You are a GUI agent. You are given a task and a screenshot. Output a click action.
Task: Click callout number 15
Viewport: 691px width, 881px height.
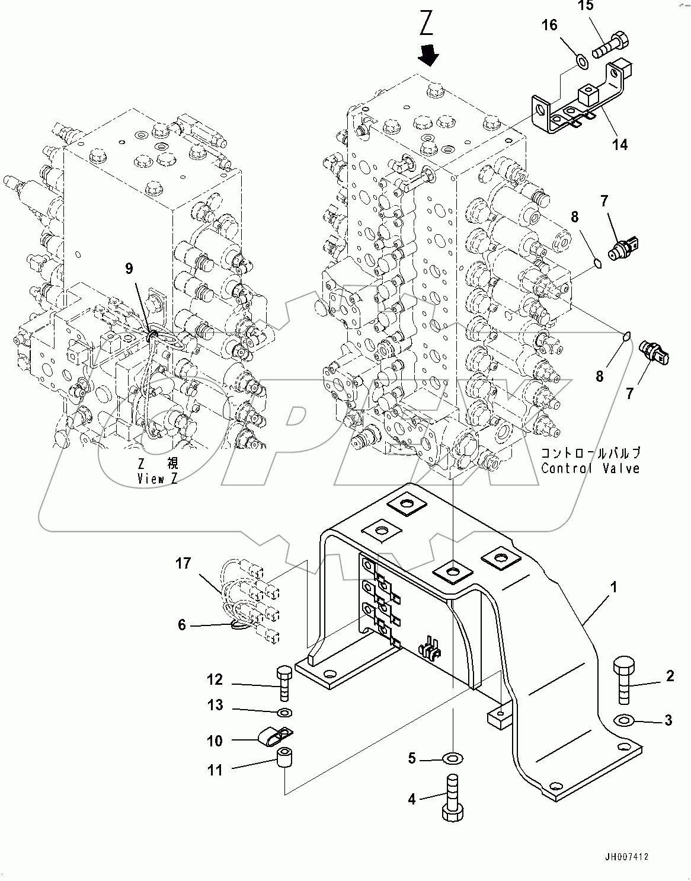[585, 7]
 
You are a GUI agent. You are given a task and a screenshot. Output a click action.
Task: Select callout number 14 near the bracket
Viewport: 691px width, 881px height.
[620, 144]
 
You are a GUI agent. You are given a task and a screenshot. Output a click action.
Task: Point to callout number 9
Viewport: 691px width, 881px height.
[129, 269]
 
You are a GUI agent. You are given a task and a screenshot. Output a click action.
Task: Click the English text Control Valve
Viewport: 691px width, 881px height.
[590, 468]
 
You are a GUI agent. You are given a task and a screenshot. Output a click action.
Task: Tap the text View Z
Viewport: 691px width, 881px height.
[158, 479]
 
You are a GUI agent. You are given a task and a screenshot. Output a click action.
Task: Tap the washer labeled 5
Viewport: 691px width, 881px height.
[454, 758]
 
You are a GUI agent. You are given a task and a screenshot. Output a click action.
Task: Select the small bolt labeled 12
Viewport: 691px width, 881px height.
[283, 684]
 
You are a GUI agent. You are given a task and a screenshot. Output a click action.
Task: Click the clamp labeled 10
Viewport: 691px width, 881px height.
[274, 738]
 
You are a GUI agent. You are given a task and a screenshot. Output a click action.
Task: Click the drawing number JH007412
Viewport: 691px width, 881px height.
[626, 857]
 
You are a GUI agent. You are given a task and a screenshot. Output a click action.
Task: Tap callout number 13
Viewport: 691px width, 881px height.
[215, 705]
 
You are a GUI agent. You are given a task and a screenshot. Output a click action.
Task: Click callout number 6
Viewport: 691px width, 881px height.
[182, 624]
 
